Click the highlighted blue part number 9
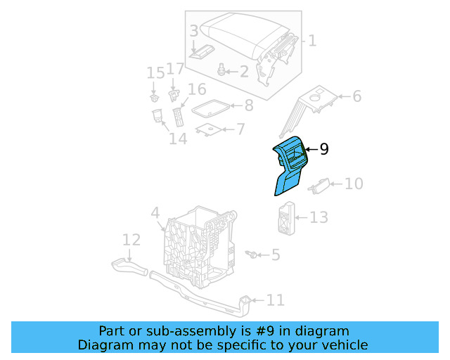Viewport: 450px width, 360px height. (x=291, y=166)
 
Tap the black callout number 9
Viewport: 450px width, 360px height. (x=323, y=149)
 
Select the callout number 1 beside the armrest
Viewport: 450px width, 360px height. (x=312, y=41)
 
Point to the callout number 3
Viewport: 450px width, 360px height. (x=193, y=31)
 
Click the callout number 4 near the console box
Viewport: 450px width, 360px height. (x=155, y=212)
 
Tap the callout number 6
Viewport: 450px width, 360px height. (x=356, y=96)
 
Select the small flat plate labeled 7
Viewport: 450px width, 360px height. (x=207, y=129)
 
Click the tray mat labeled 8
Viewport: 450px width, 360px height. (x=210, y=107)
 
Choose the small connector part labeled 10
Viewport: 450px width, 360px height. (x=318, y=185)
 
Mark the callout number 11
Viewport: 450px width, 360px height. (x=275, y=300)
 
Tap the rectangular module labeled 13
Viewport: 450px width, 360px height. (x=285, y=217)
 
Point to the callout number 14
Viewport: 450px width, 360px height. (x=178, y=138)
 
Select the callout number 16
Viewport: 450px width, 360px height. (x=196, y=89)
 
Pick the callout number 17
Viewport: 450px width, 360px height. (x=174, y=69)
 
